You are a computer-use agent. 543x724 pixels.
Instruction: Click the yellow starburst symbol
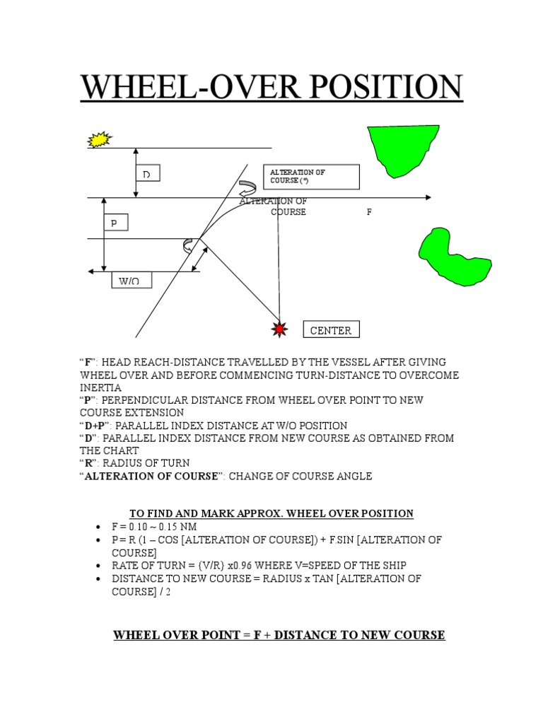coord(100,139)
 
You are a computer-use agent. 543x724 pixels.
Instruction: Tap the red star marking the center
coord(280,329)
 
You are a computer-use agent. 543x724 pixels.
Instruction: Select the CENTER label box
coord(331,330)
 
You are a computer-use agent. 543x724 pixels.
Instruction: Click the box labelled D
coord(147,173)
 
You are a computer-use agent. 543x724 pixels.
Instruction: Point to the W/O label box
coord(131,281)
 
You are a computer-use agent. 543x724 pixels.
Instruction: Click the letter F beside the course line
coord(368,212)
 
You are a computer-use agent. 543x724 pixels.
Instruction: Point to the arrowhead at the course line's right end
coord(426,197)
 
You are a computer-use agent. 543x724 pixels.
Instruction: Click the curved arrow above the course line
coord(247,189)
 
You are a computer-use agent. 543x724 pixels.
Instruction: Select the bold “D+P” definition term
coord(94,426)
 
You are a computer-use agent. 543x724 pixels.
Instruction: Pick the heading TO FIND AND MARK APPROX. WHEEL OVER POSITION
coord(271,513)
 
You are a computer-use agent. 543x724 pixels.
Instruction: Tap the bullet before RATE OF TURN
coord(98,566)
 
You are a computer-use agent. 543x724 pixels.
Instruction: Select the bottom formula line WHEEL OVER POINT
coord(279,635)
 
